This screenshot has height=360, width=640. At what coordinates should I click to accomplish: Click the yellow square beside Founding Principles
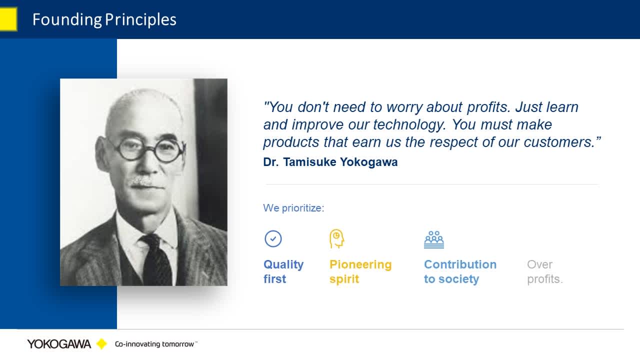click(x=8, y=19)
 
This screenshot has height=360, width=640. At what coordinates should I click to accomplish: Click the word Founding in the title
click(x=67, y=20)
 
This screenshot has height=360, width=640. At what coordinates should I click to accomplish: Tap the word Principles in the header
click(x=140, y=20)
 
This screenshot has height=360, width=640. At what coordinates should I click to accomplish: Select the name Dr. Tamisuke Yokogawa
click(x=330, y=162)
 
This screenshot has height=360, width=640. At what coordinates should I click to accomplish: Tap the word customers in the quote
click(x=559, y=142)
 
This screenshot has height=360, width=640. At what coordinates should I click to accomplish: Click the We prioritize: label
click(x=293, y=208)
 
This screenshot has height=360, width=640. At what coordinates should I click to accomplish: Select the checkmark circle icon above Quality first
click(x=273, y=238)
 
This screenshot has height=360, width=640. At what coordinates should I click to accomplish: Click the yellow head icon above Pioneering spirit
click(x=336, y=238)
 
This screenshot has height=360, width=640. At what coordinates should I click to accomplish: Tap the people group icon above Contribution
click(x=434, y=239)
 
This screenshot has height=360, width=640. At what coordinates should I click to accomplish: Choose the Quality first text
click(x=283, y=271)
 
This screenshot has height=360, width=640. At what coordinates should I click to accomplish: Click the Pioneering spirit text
click(x=360, y=271)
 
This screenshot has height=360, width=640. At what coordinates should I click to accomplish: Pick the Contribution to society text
click(x=460, y=271)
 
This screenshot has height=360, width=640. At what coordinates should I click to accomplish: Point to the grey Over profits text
click(x=545, y=271)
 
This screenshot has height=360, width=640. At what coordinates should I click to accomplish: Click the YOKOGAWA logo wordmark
click(x=59, y=344)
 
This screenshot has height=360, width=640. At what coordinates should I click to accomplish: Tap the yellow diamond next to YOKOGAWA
click(x=101, y=343)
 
